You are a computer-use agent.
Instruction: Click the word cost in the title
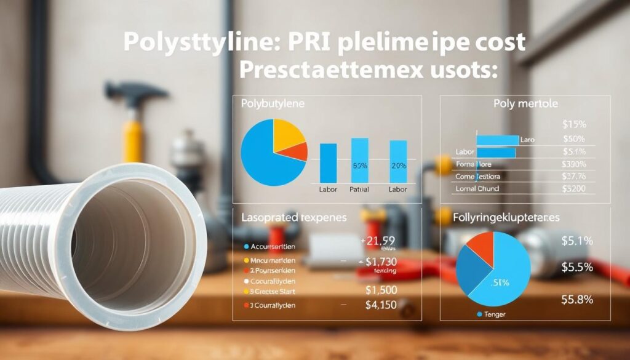click(497, 42)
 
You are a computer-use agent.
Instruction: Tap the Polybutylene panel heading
click(272, 104)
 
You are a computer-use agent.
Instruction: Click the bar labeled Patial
click(359, 160)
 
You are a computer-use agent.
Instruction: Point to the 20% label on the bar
click(399, 166)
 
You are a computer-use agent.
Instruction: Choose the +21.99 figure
click(377, 241)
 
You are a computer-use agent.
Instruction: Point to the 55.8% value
click(576, 300)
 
